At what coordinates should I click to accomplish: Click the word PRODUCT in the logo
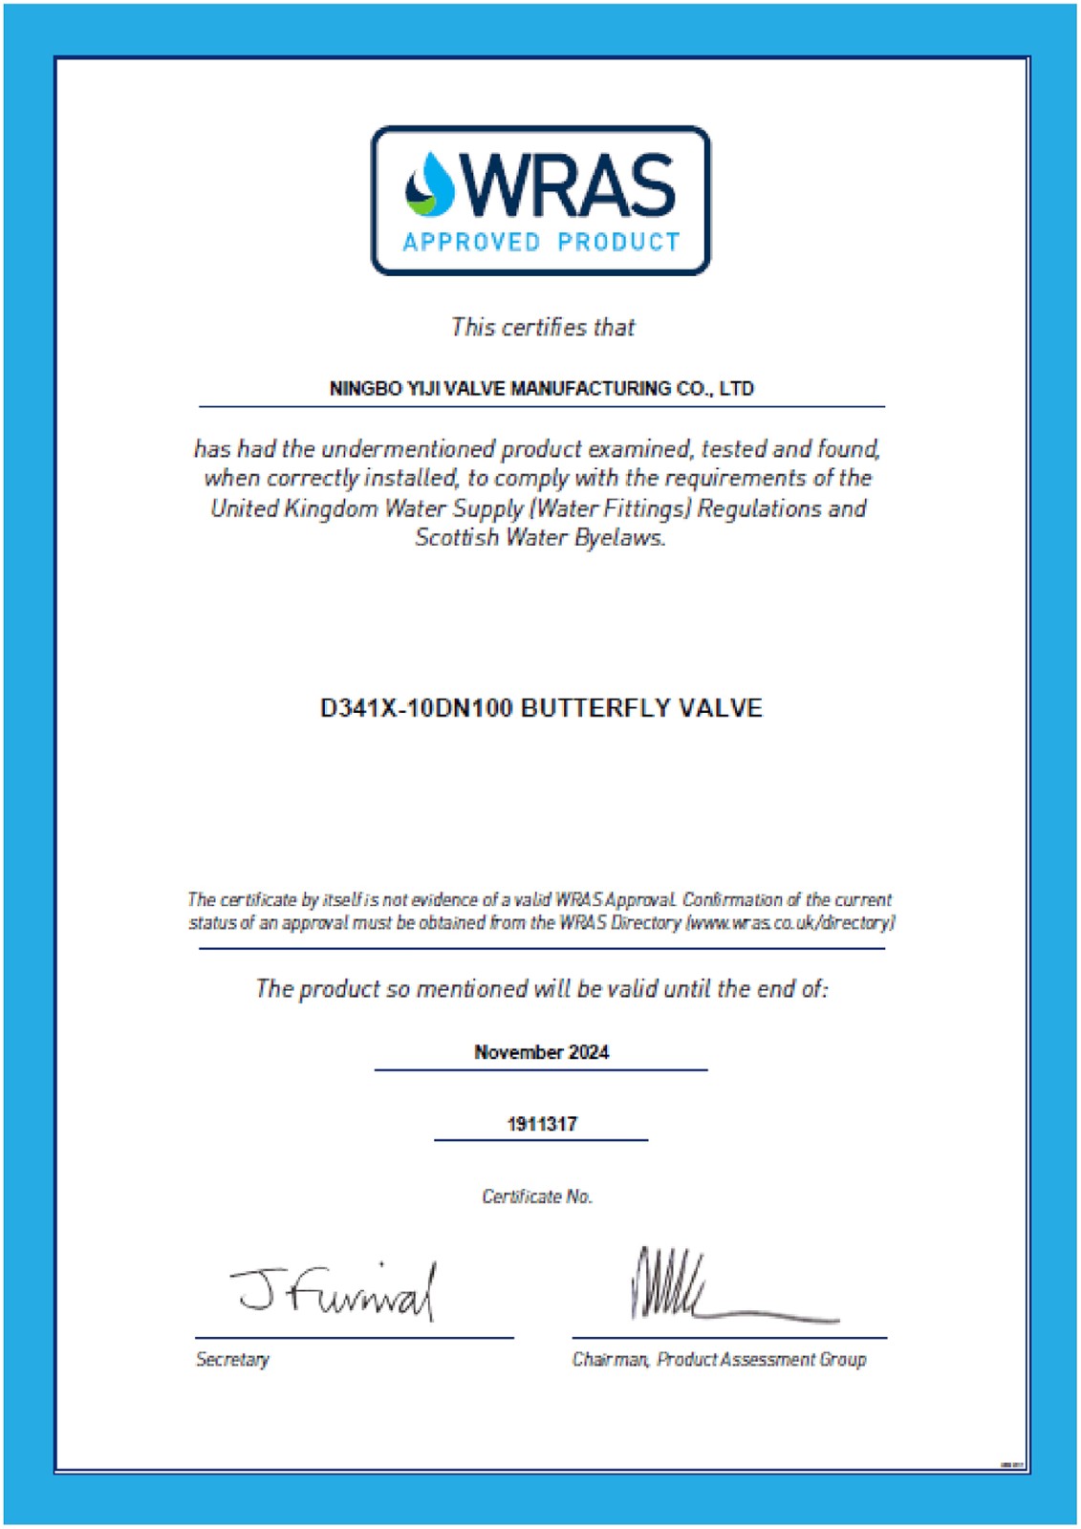(x=618, y=243)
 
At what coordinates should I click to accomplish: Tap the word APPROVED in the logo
(x=472, y=243)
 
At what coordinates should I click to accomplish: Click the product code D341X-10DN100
(x=416, y=709)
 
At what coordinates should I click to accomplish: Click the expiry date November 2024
(x=541, y=1052)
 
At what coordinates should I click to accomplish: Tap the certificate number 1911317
(x=541, y=1124)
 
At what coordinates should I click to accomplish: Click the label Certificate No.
(x=537, y=1196)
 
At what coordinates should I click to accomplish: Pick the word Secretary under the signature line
(x=232, y=1359)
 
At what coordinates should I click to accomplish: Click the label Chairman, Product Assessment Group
(x=719, y=1359)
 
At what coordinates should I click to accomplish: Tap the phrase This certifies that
(x=543, y=328)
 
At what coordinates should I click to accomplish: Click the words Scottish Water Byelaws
(x=540, y=538)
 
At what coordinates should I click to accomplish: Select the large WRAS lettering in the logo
(x=570, y=185)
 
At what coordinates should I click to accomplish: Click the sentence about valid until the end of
(x=541, y=989)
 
